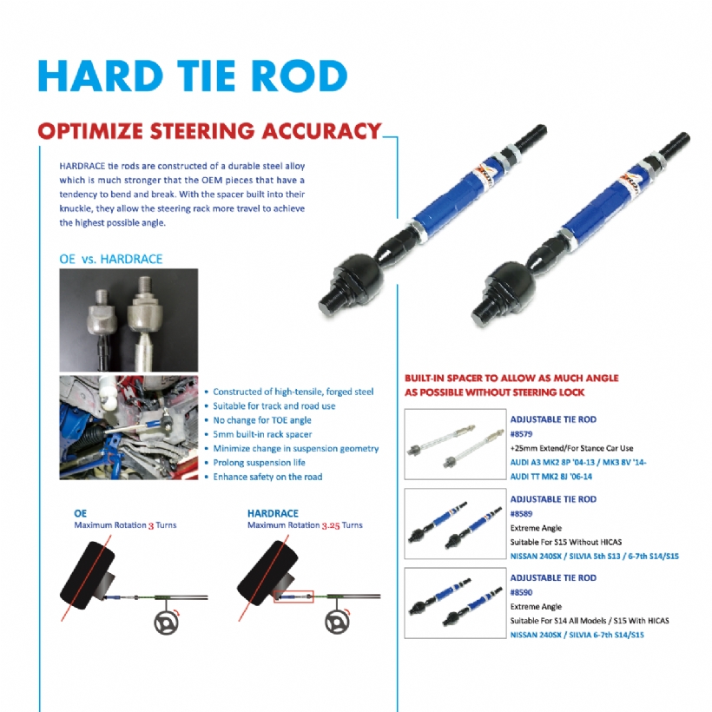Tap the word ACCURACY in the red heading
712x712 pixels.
(x=321, y=131)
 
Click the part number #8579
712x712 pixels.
(x=521, y=433)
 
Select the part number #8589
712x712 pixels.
(x=521, y=513)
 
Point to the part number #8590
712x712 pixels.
(x=521, y=592)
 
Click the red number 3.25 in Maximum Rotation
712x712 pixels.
(x=331, y=526)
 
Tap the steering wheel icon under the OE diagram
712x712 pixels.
(x=166, y=622)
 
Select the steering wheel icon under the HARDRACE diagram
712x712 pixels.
(x=338, y=622)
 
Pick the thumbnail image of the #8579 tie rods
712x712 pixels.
(x=455, y=444)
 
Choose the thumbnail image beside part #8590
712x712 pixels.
(x=455, y=603)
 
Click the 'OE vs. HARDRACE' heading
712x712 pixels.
(x=111, y=259)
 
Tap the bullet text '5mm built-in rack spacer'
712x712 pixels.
(x=262, y=434)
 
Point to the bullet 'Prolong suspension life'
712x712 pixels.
(x=260, y=463)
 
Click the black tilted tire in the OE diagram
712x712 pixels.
(x=88, y=575)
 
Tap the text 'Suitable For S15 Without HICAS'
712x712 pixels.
(x=566, y=542)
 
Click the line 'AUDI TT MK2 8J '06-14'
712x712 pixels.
(x=551, y=477)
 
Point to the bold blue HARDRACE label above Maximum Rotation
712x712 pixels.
(x=273, y=513)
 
